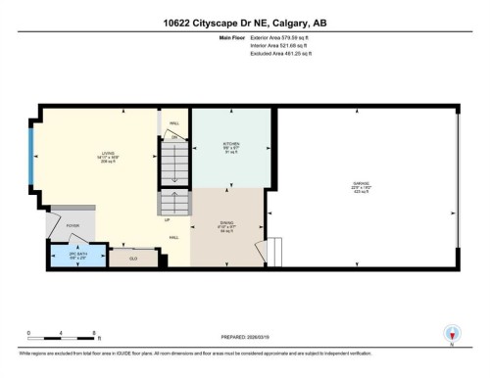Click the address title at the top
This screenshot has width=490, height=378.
click(x=245, y=22)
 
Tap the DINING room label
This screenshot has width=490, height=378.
click(x=225, y=226)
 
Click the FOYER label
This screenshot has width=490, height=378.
click(x=73, y=225)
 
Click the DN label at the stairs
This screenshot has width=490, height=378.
click(x=174, y=138)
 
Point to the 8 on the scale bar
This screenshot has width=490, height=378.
click(x=93, y=333)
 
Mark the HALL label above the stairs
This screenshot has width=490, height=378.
click(x=173, y=123)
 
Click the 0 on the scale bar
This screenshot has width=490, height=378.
click(x=28, y=333)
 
